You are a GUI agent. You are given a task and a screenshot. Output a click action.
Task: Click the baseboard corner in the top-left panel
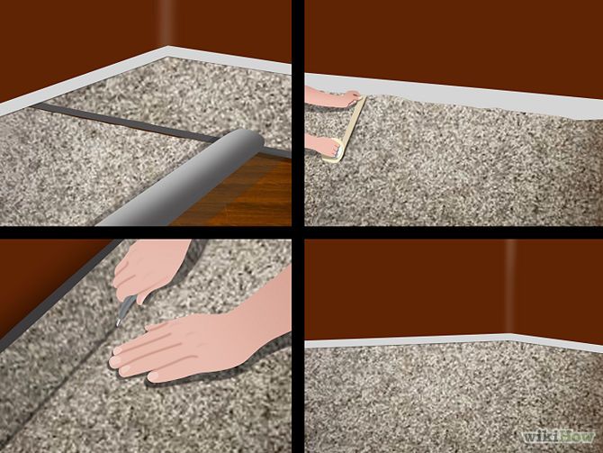(x=168, y=51)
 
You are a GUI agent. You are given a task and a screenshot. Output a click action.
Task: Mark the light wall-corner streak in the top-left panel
(x=166, y=23)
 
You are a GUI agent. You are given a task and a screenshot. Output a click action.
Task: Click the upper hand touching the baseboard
(x=334, y=96)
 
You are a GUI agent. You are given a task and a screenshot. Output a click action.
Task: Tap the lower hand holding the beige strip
(x=325, y=147)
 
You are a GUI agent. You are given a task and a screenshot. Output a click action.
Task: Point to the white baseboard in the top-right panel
(x=454, y=95)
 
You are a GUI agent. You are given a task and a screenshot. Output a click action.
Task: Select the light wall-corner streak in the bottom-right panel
(x=510, y=286)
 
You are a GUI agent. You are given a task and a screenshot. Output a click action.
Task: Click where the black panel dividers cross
(x=298, y=233)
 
